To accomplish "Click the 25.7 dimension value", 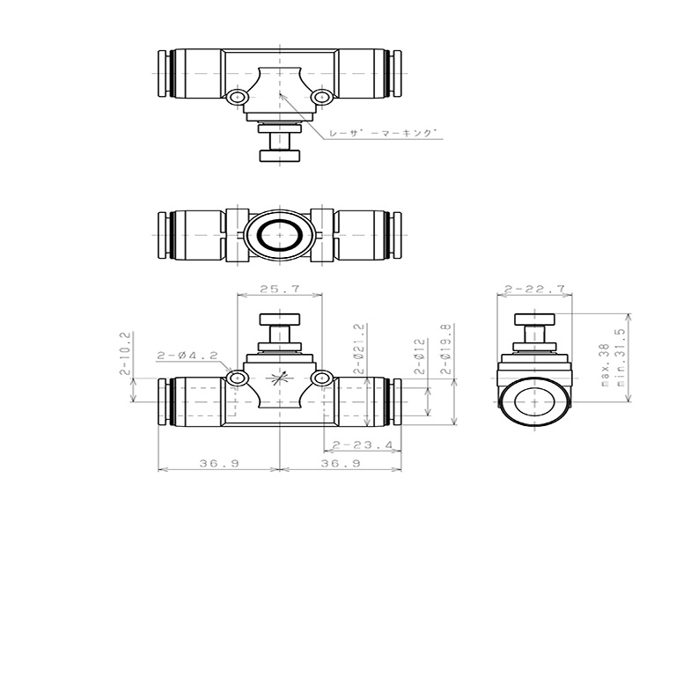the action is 279,289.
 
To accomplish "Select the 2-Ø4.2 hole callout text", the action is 187,356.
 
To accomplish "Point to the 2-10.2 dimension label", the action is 125,353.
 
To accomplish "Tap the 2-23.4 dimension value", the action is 363,445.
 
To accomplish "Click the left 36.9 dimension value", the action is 219,464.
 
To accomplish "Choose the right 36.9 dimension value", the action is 341,464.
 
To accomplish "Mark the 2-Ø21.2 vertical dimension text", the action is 359,349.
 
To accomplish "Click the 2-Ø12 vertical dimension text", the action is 420,356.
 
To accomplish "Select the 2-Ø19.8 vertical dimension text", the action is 446,349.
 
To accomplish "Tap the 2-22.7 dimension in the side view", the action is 534,289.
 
